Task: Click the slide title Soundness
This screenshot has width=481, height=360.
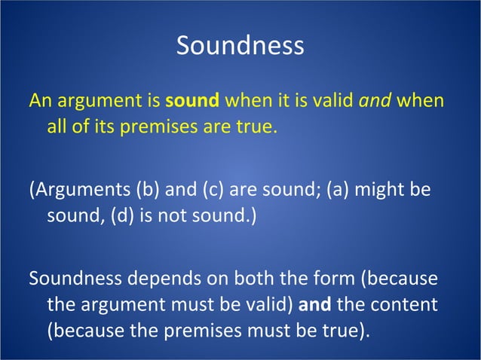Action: pyautogui.click(x=240, y=46)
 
